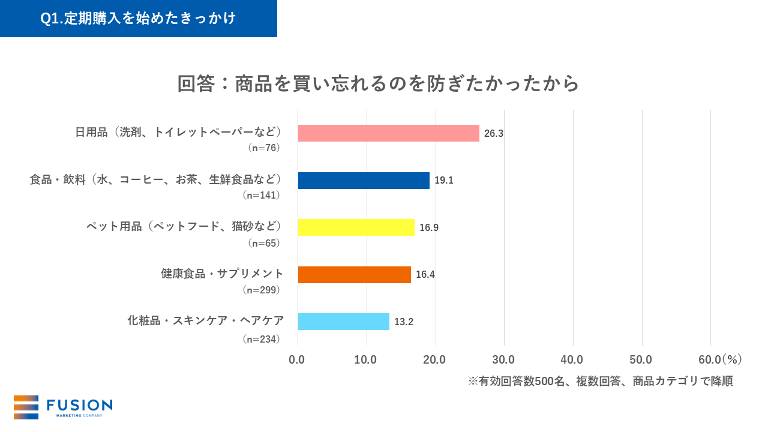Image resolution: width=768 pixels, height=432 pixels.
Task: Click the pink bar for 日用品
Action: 388,133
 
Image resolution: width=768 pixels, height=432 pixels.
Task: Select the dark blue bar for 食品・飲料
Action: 364,181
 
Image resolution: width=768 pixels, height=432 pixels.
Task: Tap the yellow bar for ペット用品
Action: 356,227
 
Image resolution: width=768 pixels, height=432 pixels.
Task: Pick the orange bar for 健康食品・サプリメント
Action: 354,275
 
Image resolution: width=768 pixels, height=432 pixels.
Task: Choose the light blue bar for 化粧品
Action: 343,322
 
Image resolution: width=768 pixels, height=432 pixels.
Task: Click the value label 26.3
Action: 493,134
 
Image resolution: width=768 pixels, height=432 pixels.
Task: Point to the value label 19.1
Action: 443,181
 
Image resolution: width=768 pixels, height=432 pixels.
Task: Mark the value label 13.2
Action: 403,322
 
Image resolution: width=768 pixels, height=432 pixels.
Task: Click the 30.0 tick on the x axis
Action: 503,360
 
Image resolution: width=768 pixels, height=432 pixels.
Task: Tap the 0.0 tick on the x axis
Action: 297,360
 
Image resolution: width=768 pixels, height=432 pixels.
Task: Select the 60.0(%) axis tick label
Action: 720,360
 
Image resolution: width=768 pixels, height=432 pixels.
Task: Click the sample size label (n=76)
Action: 264,148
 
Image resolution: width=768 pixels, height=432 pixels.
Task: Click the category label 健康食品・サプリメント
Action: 222,274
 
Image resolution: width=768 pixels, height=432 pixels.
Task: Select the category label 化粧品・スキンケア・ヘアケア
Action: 205,320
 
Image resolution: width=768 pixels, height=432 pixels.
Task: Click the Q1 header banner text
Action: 138,19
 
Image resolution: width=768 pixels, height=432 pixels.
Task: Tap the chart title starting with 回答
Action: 378,83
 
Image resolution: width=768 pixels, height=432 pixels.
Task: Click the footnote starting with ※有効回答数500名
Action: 600,382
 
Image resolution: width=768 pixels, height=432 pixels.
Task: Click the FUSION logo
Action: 63,407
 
